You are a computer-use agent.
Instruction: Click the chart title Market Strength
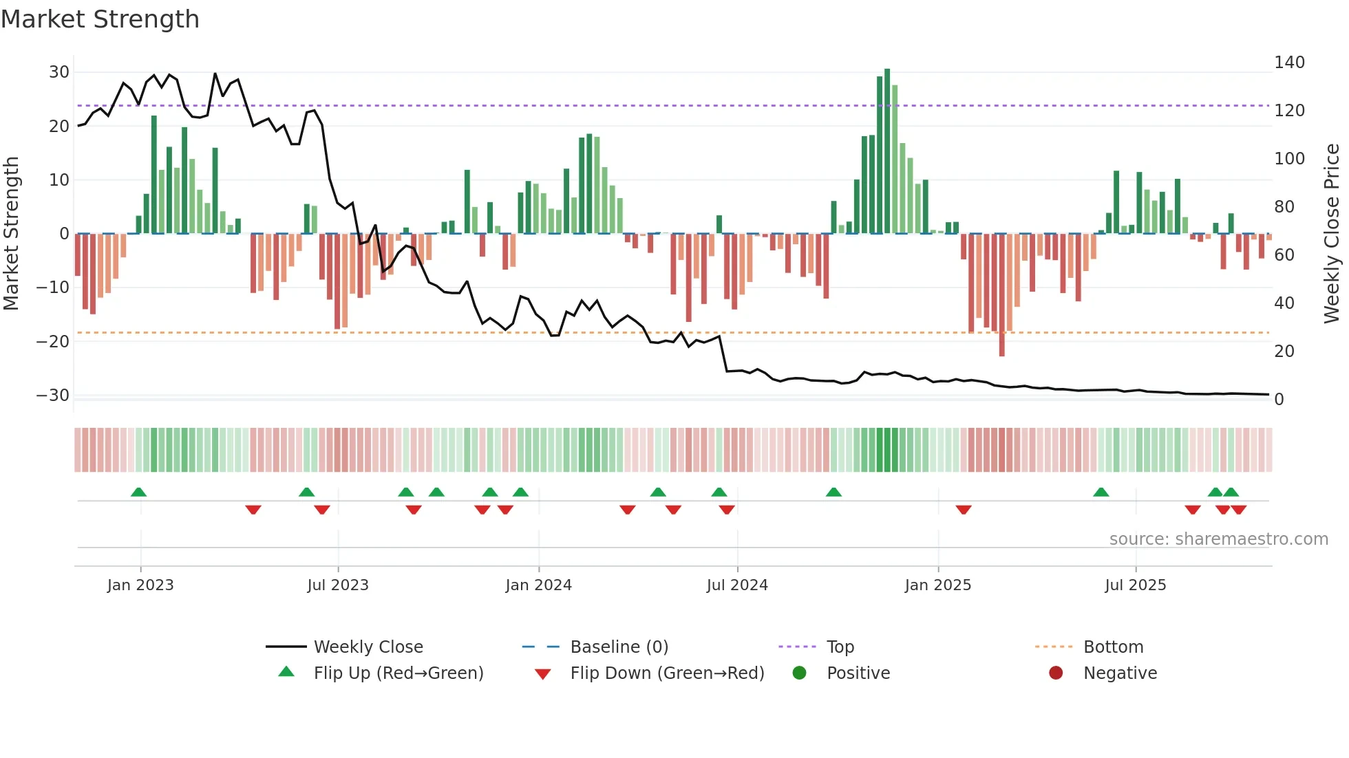coord(100,19)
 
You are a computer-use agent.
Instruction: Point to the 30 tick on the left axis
coord(59,72)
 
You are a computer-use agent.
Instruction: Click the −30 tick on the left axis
coord(53,396)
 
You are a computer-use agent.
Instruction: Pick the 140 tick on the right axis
coord(1289,63)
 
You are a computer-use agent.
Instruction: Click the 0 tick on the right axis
coord(1279,400)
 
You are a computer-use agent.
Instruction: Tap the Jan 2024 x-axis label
coord(538,585)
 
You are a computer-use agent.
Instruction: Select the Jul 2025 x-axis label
coord(1135,585)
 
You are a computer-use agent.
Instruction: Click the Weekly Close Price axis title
coord(1332,234)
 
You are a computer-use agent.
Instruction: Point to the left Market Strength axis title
coord(11,234)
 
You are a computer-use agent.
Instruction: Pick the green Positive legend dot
coord(799,673)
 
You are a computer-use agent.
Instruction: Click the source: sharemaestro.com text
coord(1218,539)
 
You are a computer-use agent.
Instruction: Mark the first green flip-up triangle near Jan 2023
coord(138,492)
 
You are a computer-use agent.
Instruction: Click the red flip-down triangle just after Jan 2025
coord(964,510)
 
